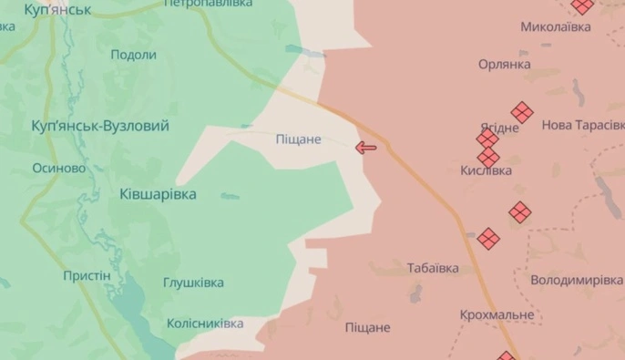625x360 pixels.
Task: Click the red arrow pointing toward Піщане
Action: pos(366,147)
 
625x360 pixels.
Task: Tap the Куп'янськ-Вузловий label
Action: pos(100,126)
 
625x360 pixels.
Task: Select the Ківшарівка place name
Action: pos(158,194)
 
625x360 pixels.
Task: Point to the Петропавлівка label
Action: pos(209,4)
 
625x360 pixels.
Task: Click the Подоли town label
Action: pos(133,55)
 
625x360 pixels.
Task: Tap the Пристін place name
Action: pos(87,275)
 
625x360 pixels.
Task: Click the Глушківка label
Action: pos(193,283)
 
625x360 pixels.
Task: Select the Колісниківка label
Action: pos(205,324)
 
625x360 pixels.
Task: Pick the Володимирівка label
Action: pos(576,280)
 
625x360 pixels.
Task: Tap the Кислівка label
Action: pos(486,170)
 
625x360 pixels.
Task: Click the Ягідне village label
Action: pos(499,128)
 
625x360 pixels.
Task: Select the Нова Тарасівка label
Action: pos(583,125)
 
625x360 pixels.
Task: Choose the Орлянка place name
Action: pos(505,65)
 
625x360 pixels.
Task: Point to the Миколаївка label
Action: pos(555,27)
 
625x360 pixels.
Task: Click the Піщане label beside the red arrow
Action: pos(299,139)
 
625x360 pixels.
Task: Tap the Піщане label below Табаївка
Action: pos(367,327)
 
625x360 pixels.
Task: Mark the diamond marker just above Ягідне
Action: pos(521,111)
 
